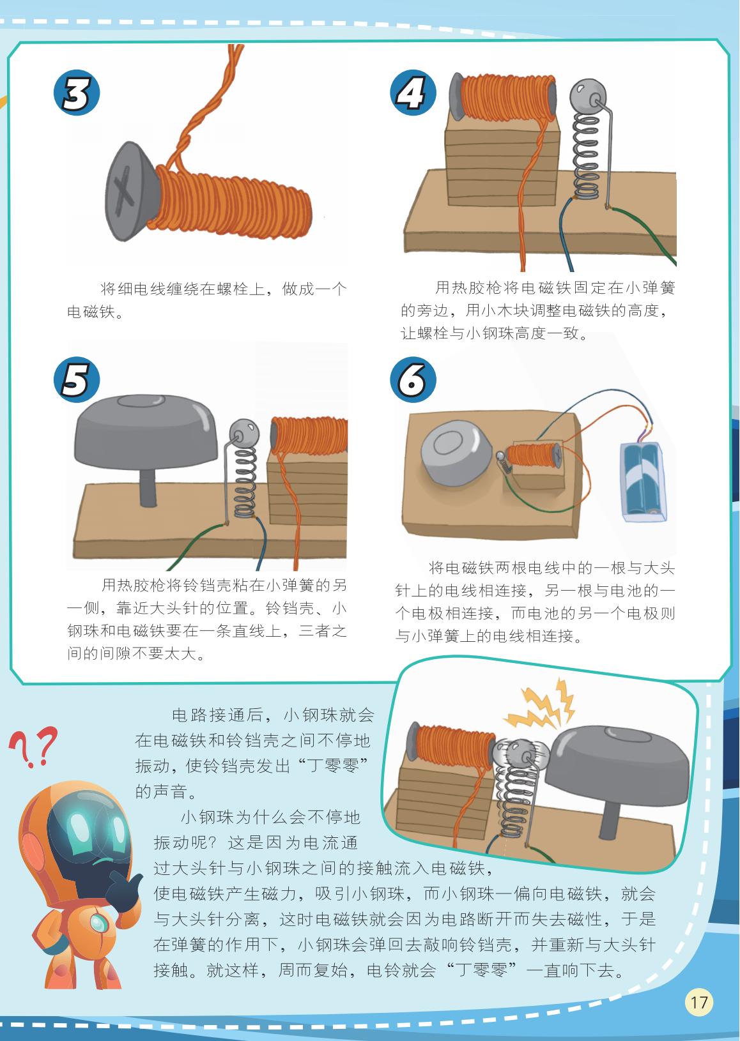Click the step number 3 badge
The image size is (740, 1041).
pos(77,94)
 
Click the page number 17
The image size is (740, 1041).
pos(699,1001)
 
